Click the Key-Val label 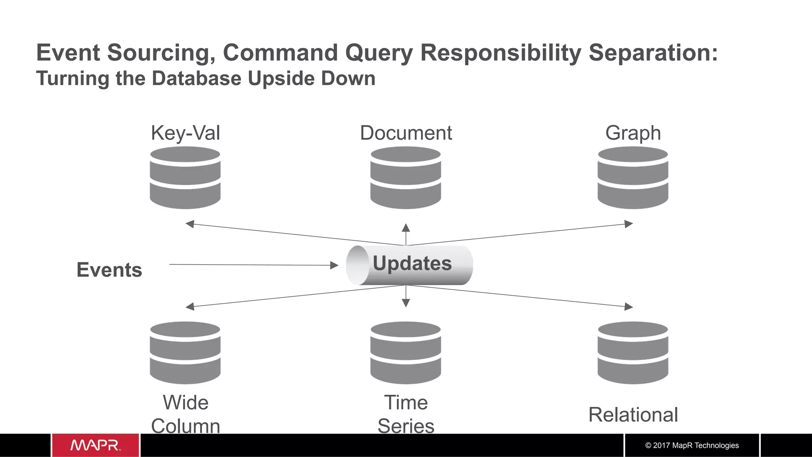[185, 133]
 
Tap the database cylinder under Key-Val [185, 178]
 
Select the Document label [406, 133]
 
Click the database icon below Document [406, 178]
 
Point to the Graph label [633, 133]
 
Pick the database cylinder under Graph [633, 178]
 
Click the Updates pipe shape [409, 265]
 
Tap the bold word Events [109, 270]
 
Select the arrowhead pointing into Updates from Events [334, 265]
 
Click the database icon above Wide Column [185, 353]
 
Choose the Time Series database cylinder [406, 353]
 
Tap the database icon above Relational [633, 353]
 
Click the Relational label [633, 415]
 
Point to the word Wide [186, 403]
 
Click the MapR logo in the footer [96, 445]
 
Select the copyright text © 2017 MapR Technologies [692, 446]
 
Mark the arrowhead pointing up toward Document [406, 228]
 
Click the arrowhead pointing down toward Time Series [406, 303]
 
